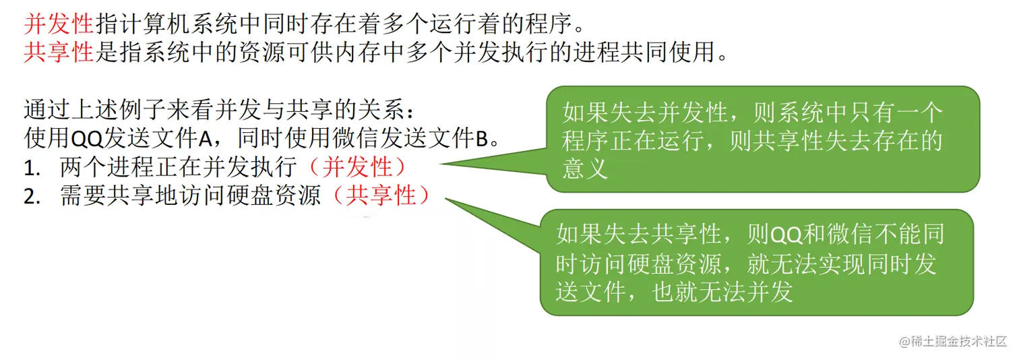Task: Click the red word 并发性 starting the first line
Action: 58,24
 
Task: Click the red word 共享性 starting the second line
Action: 58,51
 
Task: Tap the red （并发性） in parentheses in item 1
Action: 365,166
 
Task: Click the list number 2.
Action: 30,196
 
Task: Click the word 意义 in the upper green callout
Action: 585,169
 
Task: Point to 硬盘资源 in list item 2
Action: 291,196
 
